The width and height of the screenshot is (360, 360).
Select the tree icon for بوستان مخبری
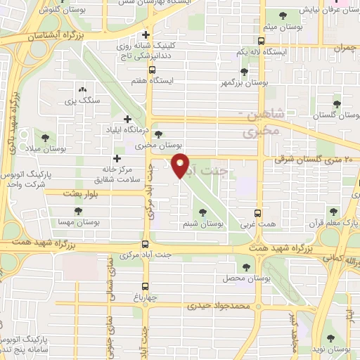pyautogui.click(x=157, y=134)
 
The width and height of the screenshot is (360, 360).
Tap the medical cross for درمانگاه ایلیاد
pyautogui.click(x=127, y=119)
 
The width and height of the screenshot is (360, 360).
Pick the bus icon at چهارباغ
pyautogui.click(x=145, y=286)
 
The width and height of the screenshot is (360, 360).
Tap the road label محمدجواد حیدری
pyautogui.click(x=219, y=307)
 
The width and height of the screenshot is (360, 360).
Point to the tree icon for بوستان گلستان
pyautogui.click(x=337, y=105)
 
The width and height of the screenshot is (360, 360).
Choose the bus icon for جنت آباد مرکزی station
pyautogui.click(x=145, y=244)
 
